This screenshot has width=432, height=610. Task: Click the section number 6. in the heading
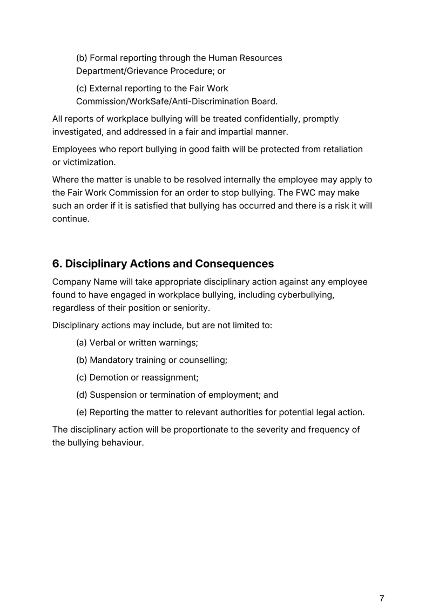point(57,264)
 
